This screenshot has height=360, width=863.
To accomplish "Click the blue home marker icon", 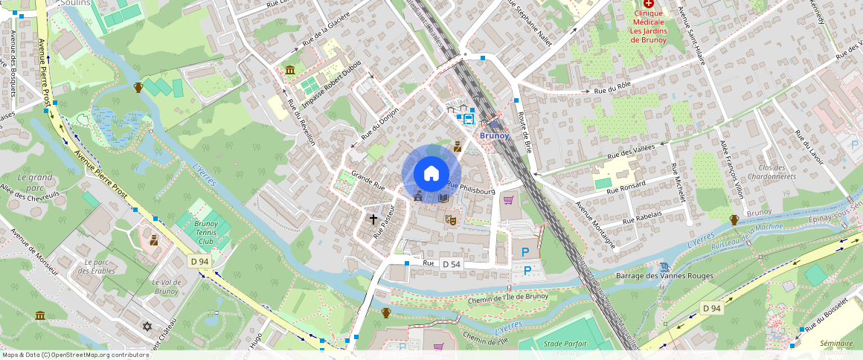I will pos(431,173).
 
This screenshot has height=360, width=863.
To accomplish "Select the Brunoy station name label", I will pos(495,135).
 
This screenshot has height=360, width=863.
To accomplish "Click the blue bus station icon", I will pos(469,118).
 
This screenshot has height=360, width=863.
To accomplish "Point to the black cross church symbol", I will pos(373,219).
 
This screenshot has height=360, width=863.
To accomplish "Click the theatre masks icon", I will pos(450,219).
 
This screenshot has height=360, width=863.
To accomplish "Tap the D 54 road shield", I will pos(452,264).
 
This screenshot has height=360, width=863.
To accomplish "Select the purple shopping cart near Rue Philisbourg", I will pos(509,199).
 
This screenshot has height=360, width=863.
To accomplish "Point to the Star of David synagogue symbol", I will pos(147,327).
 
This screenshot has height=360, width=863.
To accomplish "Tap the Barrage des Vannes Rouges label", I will pos(665,276).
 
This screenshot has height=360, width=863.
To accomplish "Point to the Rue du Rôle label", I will pos(612,91).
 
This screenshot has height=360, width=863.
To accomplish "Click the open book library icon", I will pos(443,198).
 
